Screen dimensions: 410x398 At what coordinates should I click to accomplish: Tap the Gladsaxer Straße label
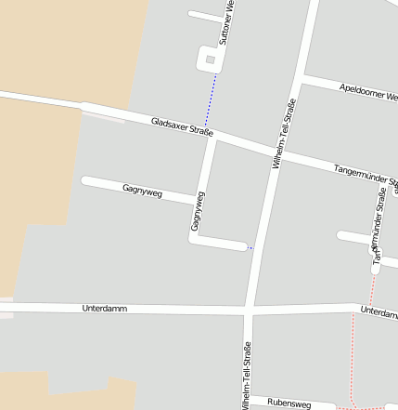pyautogui.click(x=183, y=126)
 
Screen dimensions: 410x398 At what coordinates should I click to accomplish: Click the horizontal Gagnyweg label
pyautogui.click(x=142, y=191)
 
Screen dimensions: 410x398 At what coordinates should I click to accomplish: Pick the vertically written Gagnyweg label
pyautogui.click(x=197, y=211)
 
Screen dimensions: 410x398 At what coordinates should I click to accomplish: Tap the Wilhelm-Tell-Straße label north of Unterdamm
pyautogui.click(x=283, y=133)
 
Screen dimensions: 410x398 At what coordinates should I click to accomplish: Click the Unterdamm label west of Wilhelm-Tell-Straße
pyautogui.click(x=104, y=308)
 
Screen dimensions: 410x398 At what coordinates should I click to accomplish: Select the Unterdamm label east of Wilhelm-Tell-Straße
pyautogui.click(x=379, y=312)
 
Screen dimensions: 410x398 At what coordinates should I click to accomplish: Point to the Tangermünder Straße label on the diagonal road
pyautogui.click(x=365, y=173)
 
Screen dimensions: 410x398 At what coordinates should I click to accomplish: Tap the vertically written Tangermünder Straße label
pyautogui.click(x=379, y=228)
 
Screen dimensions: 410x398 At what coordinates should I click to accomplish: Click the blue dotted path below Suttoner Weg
pyautogui.click(x=212, y=99)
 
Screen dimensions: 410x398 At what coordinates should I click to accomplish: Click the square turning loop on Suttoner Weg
pyautogui.click(x=211, y=60)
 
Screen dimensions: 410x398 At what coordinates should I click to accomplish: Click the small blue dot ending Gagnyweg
pyautogui.click(x=250, y=247)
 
